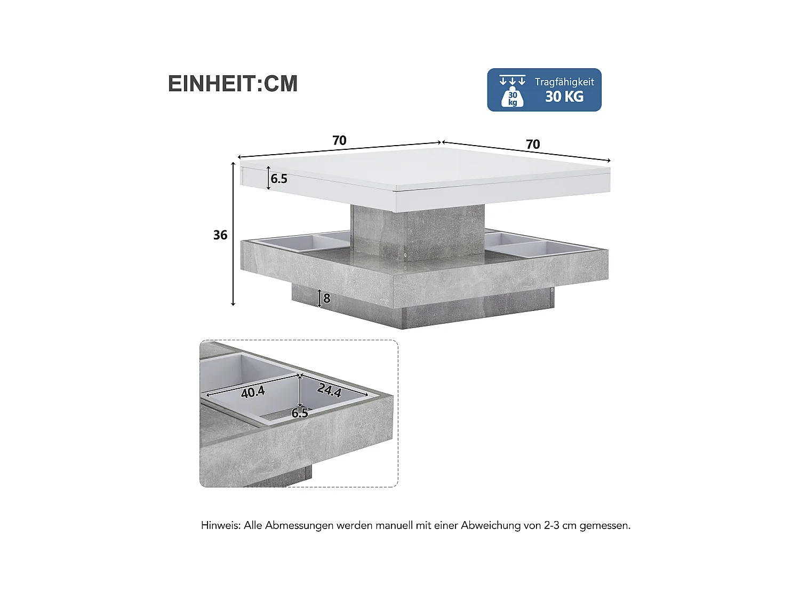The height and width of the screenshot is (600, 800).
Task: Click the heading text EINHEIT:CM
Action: [233, 84]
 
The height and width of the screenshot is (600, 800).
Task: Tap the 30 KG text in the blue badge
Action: [564, 97]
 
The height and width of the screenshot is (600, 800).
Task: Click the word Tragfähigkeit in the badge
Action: [564, 82]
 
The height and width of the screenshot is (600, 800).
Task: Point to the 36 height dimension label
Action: [220, 235]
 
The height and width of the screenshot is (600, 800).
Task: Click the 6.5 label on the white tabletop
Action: [279, 179]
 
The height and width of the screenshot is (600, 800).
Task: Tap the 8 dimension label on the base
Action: [327, 299]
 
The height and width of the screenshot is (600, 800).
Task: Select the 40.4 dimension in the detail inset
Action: [253, 392]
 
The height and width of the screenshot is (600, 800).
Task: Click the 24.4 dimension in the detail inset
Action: [329, 390]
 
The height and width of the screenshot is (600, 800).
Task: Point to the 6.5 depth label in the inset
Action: [300, 413]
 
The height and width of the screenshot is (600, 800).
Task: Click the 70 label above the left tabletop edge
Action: [339, 140]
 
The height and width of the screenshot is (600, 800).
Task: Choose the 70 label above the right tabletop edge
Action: [533, 144]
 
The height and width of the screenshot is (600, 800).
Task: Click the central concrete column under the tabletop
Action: [418, 232]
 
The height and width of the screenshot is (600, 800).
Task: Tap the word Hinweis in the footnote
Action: [220, 525]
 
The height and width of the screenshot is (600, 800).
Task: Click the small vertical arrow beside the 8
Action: [319, 298]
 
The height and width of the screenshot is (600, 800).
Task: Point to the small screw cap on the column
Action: [405, 255]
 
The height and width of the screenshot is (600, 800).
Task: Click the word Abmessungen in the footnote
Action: [299, 525]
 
